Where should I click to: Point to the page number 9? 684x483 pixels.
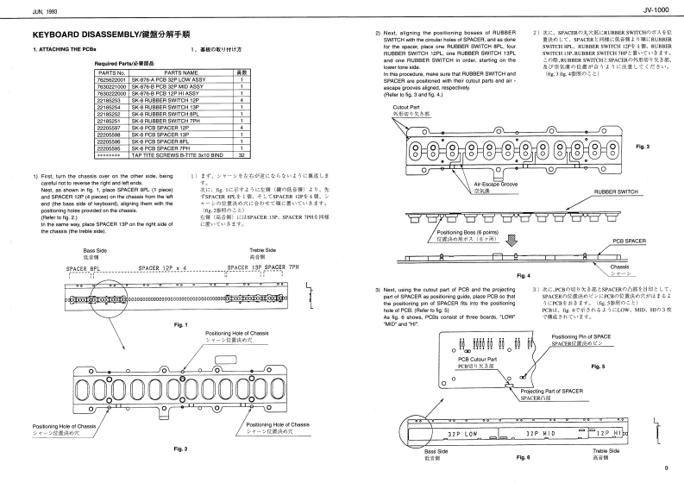(x=666, y=468)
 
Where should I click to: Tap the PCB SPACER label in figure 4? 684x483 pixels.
(x=630, y=241)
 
